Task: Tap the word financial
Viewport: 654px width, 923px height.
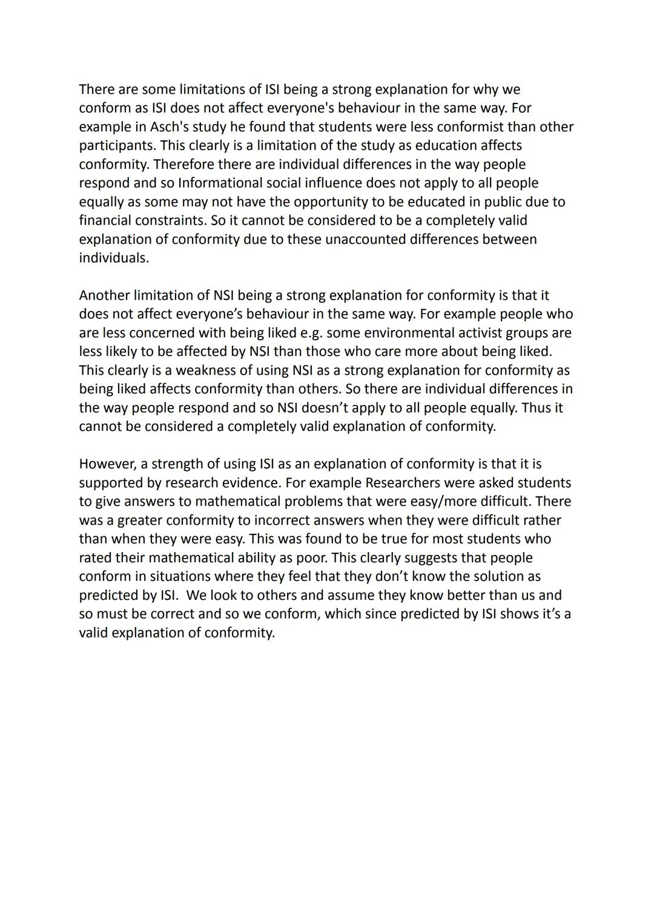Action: click(105, 221)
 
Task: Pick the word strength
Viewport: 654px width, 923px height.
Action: click(176, 464)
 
